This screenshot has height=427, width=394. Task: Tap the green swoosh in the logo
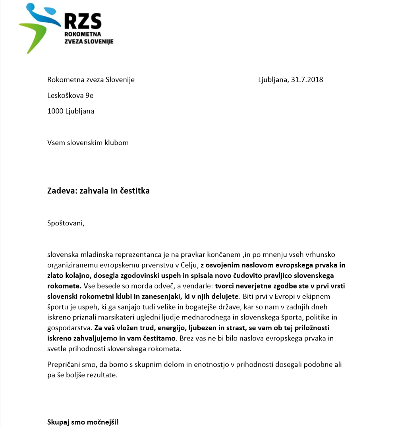(x=35, y=34)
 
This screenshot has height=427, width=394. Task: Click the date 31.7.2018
(x=307, y=80)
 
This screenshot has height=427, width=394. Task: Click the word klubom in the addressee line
(x=117, y=143)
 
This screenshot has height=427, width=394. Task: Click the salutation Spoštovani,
(x=66, y=223)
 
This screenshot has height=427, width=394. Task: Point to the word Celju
(x=188, y=265)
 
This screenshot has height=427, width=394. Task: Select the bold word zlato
(x=56, y=275)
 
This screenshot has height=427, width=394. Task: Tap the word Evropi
(x=251, y=296)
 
